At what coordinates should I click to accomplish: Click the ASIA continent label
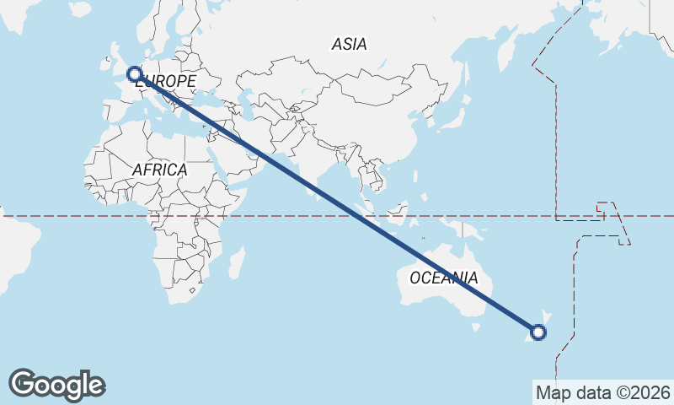tap(349, 45)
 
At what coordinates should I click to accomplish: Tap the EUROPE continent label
tap(166, 81)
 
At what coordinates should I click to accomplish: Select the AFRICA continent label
tap(159, 170)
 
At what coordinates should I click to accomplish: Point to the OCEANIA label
tap(443, 278)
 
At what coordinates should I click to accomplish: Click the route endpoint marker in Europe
tap(133, 73)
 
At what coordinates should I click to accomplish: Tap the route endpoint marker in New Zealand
tap(539, 332)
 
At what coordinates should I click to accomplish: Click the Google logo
tap(56, 385)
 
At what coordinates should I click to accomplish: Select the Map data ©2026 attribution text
tap(602, 392)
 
